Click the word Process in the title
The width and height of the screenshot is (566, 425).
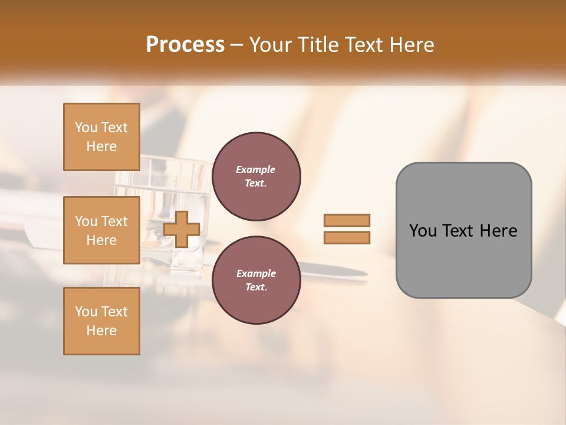pos(185,45)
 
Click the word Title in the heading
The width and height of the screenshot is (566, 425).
pos(317,45)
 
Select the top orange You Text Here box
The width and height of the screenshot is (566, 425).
pos(101,137)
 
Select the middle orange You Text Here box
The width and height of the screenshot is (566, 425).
pos(101,230)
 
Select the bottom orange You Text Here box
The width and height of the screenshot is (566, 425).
pos(101,321)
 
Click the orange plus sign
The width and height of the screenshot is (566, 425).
pos(181,229)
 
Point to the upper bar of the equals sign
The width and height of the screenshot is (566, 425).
pos(347,220)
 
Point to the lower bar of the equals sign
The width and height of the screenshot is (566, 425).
pos(347,237)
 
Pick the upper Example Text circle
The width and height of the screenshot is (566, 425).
pos(256,176)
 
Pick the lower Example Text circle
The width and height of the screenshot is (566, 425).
pos(256,280)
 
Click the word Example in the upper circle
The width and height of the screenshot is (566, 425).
pos(256,170)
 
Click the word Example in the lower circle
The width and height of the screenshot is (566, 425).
pos(256,274)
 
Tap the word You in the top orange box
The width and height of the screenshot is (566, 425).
pos(85,128)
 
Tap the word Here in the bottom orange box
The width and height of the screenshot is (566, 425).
pos(101,331)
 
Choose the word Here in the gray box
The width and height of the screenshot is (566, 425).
pos(499,231)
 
